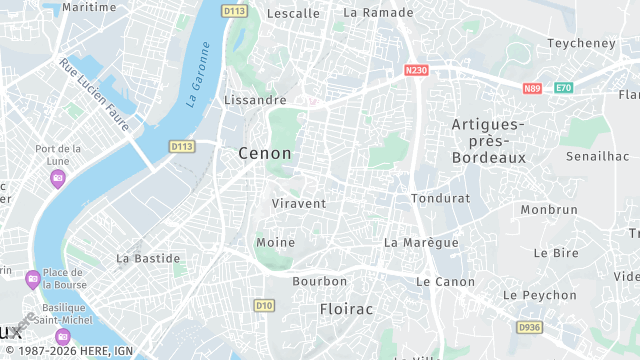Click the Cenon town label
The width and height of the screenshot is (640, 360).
tap(265, 153)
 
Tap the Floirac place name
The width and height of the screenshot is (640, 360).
tap(346, 309)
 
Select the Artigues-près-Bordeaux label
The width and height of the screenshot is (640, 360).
tap(488, 141)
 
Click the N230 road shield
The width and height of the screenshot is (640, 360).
tap(417, 70)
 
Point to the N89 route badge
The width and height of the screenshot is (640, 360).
tap(531, 88)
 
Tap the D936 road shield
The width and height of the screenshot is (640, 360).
tap(529, 327)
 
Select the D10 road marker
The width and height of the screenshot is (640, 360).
tap(264, 305)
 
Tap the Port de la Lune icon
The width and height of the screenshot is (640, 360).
tap(58, 178)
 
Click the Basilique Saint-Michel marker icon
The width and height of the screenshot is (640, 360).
tap(63, 335)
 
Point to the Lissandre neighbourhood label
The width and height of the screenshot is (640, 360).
tap(256, 100)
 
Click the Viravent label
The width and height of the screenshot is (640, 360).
tap(299, 203)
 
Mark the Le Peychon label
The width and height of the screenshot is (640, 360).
tap(539, 295)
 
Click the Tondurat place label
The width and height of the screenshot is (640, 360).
tap(440, 198)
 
